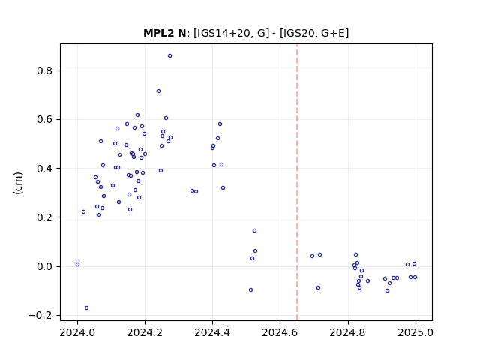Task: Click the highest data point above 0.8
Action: pos(169,56)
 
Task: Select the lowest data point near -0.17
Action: pos(87,308)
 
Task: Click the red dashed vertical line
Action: pos(297,182)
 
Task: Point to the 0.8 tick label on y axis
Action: pos(45,70)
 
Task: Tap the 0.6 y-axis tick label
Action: pos(45,120)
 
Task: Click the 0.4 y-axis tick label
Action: pos(45,169)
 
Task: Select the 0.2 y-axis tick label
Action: pos(45,217)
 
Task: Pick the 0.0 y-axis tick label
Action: pos(45,266)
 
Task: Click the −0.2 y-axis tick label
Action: pos(40,315)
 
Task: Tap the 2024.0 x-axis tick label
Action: pos(77,332)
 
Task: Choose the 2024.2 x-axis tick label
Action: pos(145,332)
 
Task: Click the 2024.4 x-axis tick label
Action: pos(212,332)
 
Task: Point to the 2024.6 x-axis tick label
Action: pos(280,332)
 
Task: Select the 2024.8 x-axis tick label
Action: pos(348,332)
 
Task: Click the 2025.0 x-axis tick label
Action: pos(415,332)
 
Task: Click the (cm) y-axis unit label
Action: pos(18,183)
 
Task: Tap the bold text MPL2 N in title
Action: pos(165,33)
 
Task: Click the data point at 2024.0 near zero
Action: pos(77,265)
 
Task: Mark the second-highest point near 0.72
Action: pos(158,91)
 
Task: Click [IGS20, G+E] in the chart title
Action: pos(314,33)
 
